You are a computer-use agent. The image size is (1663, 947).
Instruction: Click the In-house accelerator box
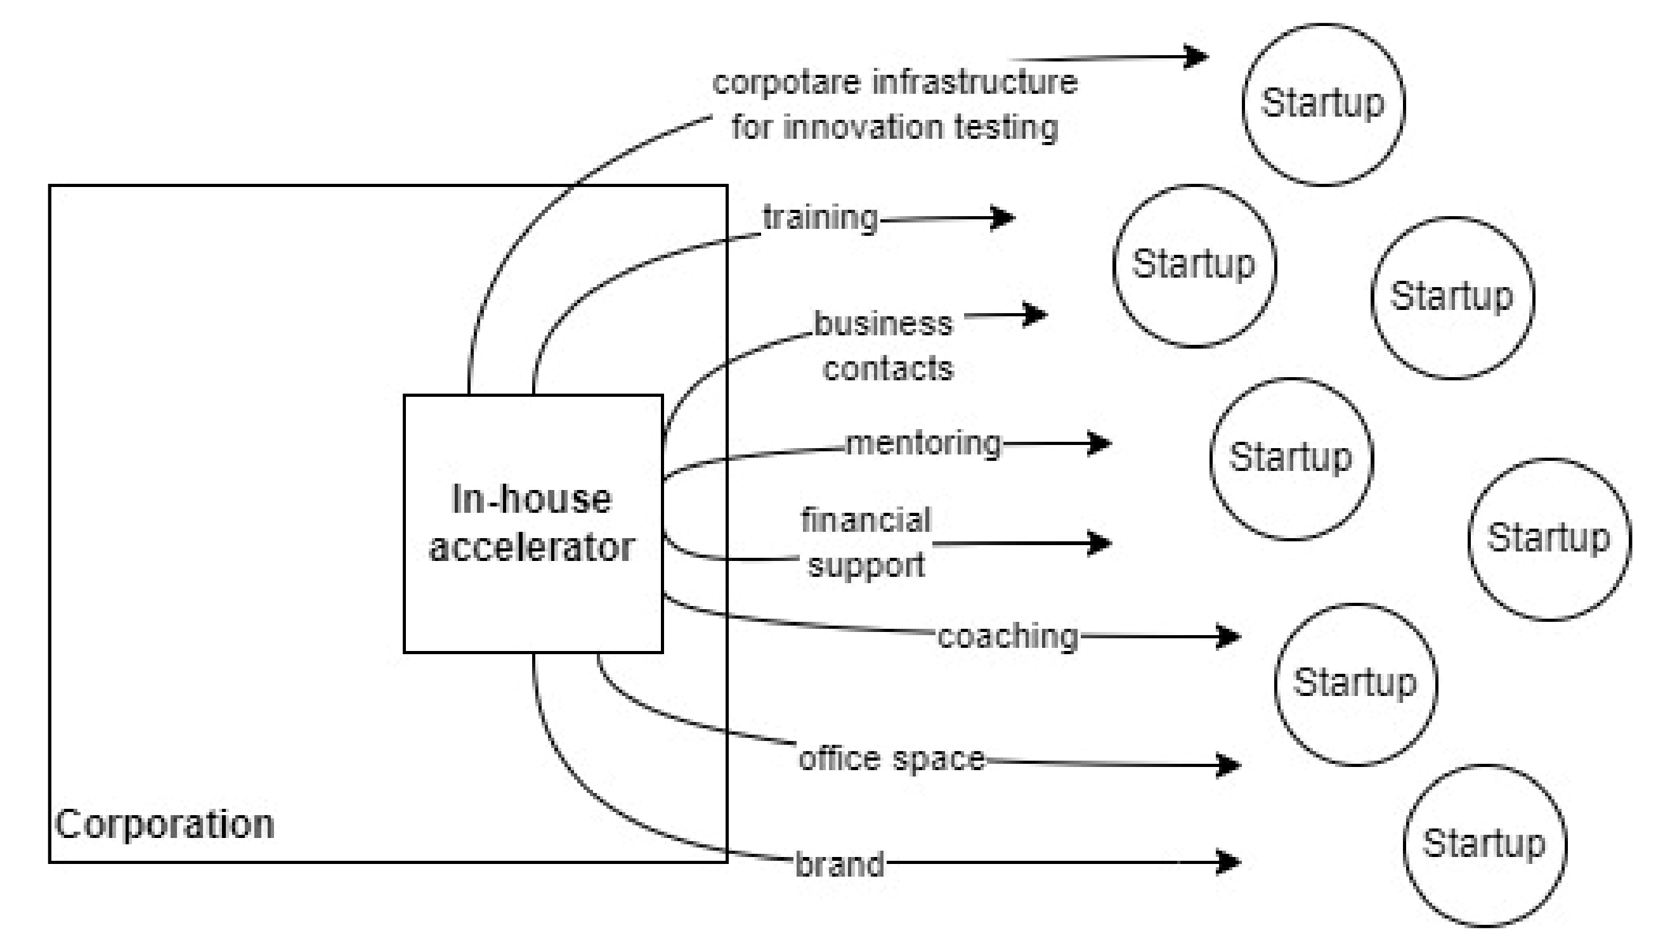pyautogui.click(x=533, y=524)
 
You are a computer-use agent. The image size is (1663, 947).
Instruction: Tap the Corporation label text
pyautogui.click(x=165, y=825)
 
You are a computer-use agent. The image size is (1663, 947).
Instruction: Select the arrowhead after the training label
pyautogui.click(x=1004, y=218)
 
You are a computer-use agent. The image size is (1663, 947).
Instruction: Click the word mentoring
pyautogui.click(x=923, y=444)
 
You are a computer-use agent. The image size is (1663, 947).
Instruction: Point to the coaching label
pyautogui.click(x=1007, y=636)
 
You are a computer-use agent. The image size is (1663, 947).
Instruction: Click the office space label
pyautogui.click(x=891, y=759)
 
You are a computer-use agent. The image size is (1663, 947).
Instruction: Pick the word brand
pyautogui.click(x=839, y=865)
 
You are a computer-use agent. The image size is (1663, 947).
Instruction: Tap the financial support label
pyautogui.click(x=866, y=542)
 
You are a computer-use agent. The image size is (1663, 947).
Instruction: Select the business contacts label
pyautogui.click(x=885, y=346)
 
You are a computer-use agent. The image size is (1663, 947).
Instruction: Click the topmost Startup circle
pyautogui.click(x=1322, y=104)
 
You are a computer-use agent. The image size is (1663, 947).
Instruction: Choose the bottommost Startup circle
pyautogui.click(x=1484, y=845)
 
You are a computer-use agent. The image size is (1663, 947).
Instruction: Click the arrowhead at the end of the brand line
pyautogui.click(x=1229, y=862)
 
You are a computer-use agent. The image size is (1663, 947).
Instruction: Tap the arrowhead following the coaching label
pyautogui.click(x=1229, y=636)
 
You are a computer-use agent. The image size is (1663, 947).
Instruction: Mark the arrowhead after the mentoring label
pyautogui.click(x=1100, y=444)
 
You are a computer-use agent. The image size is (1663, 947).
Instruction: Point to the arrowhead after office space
pyautogui.click(x=1229, y=765)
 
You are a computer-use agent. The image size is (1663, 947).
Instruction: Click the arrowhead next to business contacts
pyautogui.click(x=1035, y=316)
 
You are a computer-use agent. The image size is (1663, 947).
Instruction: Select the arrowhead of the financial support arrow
pyautogui.click(x=1100, y=543)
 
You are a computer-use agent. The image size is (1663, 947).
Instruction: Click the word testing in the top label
pyautogui.click(x=1006, y=127)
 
